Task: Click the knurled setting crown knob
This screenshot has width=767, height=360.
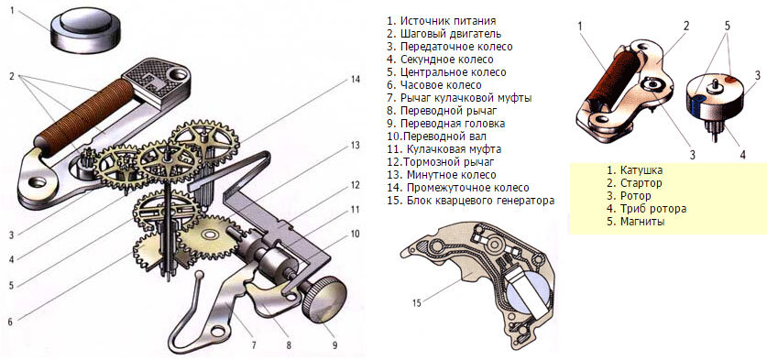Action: click(323, 299)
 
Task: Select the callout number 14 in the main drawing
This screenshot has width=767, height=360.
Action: click(356, 80)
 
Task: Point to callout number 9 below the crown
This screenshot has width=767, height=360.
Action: click(334, 344)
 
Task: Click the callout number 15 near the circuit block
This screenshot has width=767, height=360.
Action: click(416, 303)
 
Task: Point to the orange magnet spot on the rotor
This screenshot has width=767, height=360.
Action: click(729, 78)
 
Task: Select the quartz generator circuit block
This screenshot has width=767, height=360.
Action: click(479, 282)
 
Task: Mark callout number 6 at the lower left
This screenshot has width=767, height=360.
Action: click(10, 322)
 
